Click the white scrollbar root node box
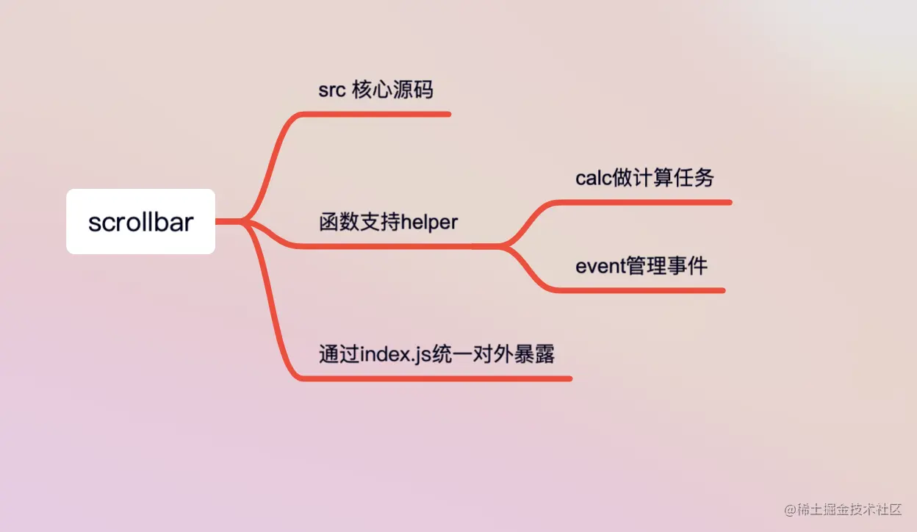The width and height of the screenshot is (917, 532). point(140,221)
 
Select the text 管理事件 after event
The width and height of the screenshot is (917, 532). point(667,265)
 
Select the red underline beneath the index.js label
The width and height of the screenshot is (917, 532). point(441,378)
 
